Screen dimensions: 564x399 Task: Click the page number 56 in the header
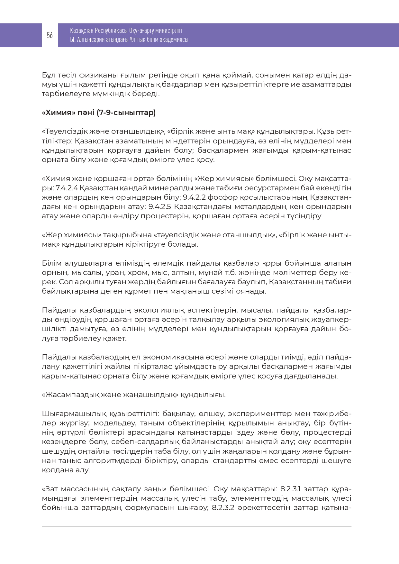(50, 35)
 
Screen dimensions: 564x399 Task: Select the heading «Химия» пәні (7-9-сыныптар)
(99, 113)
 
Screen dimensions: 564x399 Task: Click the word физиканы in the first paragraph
(80, 76)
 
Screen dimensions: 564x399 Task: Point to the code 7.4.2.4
(67, 188)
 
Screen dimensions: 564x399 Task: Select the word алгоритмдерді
(111, 461)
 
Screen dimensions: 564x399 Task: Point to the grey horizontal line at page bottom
(196, 527)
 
